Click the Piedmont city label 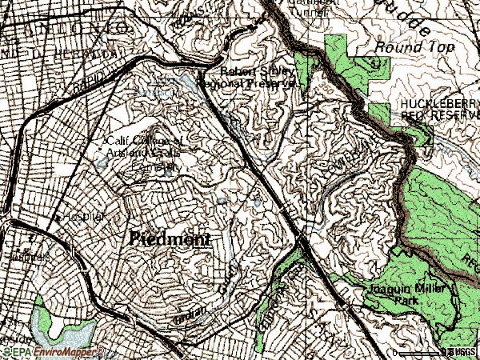pos(169,239)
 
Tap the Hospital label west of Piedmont pos(70,216)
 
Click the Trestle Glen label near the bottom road pos(192,312)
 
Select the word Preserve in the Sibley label pos(270,82)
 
